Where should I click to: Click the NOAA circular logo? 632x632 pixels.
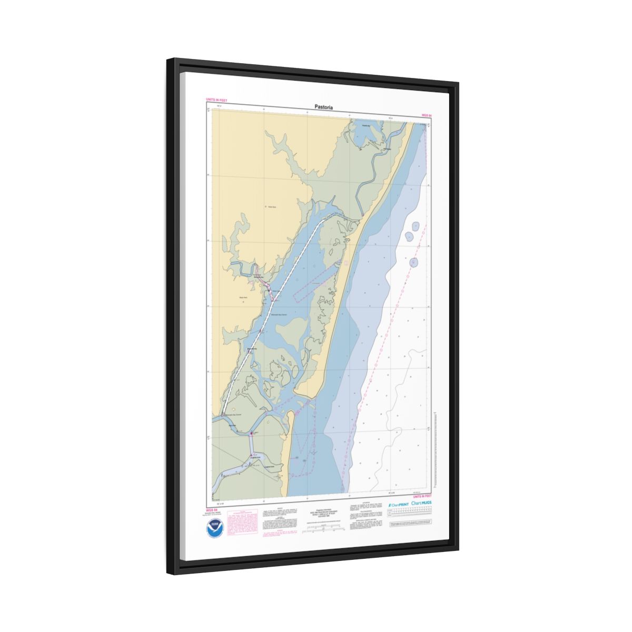click(215, 526)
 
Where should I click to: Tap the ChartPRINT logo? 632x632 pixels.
click(398, 504)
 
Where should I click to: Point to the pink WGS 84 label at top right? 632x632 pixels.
click(427, 115)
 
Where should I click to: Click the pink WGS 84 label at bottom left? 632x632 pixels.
click(211, 509)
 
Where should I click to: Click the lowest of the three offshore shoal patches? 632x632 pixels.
click(414, 262)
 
